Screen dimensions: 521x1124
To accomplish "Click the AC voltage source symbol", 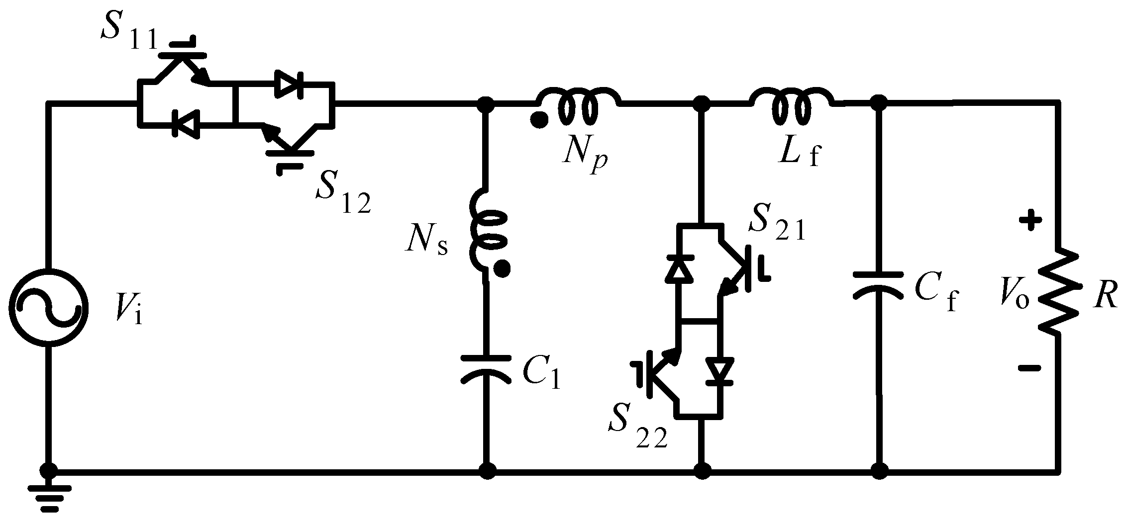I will point(48,309).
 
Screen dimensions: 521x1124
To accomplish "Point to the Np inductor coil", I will point(577,106).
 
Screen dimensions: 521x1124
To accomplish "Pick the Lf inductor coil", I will point(791,106).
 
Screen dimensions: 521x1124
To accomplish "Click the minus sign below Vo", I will point(1029,368).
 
